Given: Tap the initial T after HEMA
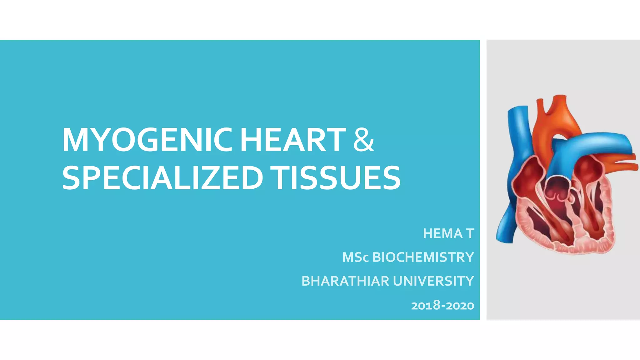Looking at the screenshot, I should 470,233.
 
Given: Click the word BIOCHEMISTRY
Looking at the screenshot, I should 423,257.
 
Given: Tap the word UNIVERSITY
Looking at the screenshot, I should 433,281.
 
